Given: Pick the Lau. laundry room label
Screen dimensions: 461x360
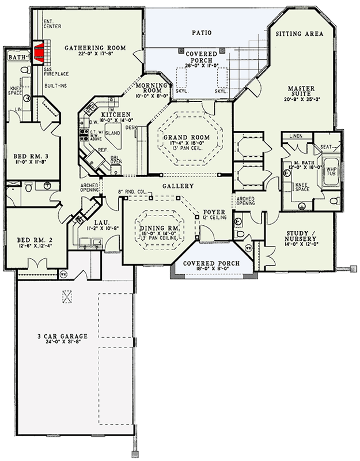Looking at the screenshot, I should point(94,221).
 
